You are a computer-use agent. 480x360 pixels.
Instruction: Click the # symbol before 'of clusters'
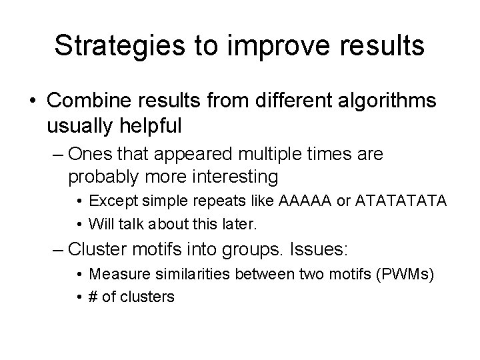pos(94,295)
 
